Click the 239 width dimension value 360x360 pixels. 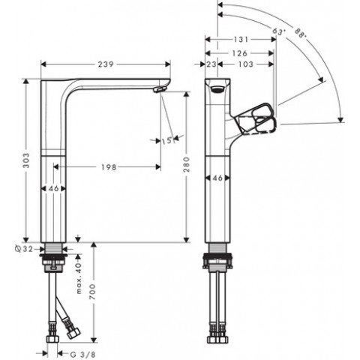click(x=106, y=64)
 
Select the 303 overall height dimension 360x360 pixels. click(x=26, y=160)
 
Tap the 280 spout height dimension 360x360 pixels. click(x=187, y=164)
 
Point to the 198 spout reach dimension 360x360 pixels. click(x=109, y=167)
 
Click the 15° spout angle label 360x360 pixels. click(x=167, y=141)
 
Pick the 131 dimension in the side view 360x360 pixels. click(x=241, y=39)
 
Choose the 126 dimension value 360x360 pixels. click(x=239, y=53)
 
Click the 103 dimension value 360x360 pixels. click(x=246, y=64)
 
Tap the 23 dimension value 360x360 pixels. click(x=211, y=64)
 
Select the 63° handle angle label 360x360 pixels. click(x=279, y=31)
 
